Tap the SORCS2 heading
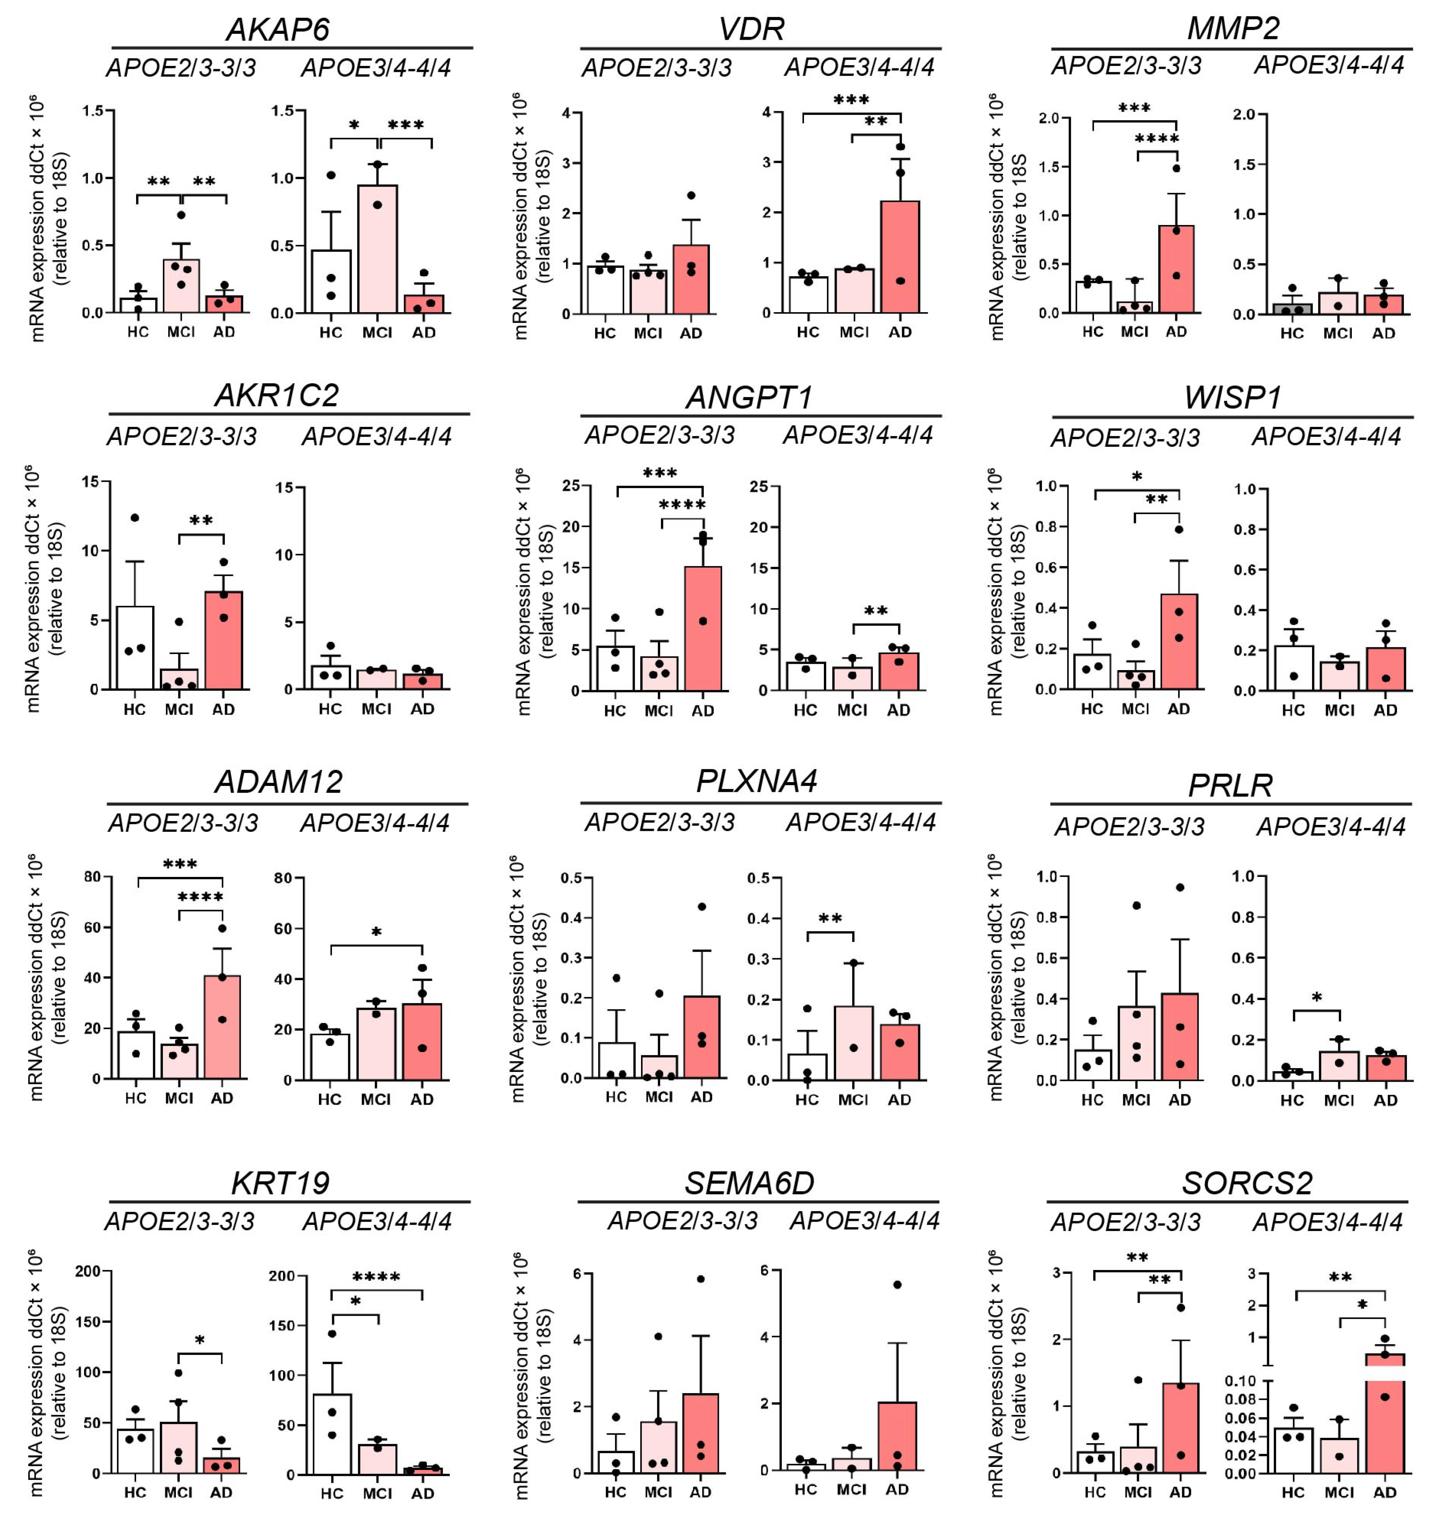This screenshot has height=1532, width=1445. pyautogui.click(x=1247, y=1183)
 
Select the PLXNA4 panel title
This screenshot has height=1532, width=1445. pyautogui.click(x=757, y=781)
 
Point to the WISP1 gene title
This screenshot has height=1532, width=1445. pyautogui.click(x=1232, y=398)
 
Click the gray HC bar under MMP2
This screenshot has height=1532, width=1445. pyautogui.click(x=1292, y=309)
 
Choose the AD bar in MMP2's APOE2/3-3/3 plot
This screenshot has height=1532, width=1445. pyautogui.click(x=1176, y=270)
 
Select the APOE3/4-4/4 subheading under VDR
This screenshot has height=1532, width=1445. pyautogui.click(x=859, y=68)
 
